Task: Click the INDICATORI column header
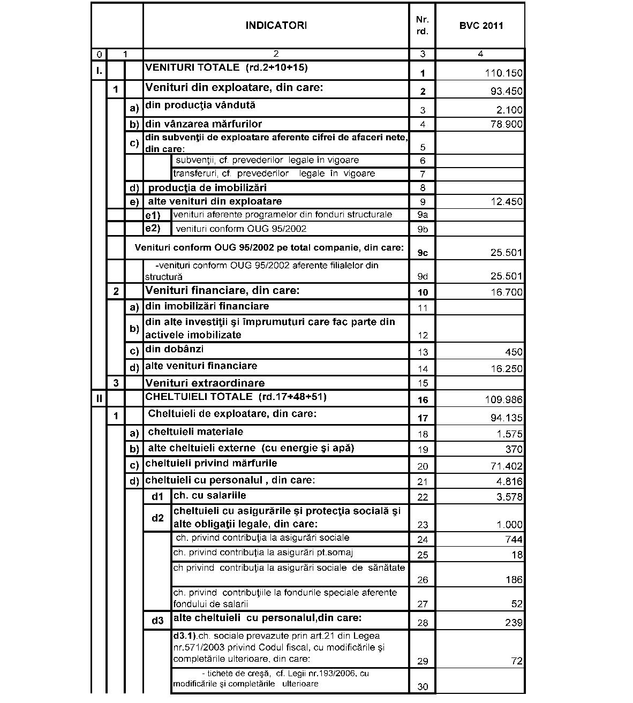click(276, 26)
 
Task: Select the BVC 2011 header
click(481, 26)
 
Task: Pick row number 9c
click(423, 253)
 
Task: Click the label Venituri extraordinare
click(205, 383)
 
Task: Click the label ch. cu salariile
click(210, 496)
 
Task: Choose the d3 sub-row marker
click(157, 621)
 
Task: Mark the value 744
click(514, 539)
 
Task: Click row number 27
click(423, 604)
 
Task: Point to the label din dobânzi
click(174, 349)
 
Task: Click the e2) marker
click(153, 229)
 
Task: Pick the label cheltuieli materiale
click(195, 432)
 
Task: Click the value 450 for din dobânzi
click(514, 352)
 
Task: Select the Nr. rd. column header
click(423, 26)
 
